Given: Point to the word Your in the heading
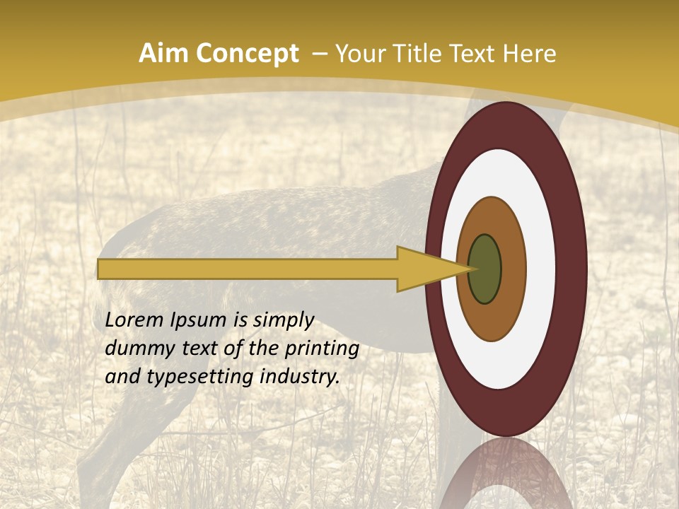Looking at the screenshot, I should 359,54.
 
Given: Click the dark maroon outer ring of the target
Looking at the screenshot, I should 571,269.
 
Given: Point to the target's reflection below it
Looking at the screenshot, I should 506,474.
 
